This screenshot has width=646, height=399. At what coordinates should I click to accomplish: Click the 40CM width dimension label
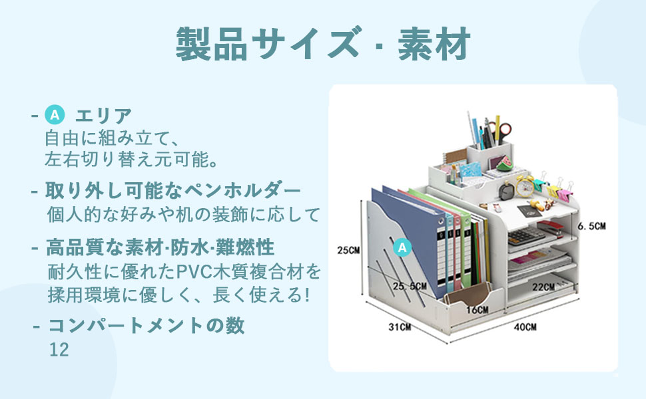coord(525,327)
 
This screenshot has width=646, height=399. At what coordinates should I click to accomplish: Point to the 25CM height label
coord(348,251)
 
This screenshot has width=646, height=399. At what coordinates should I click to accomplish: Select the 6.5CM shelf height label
coord(591,226)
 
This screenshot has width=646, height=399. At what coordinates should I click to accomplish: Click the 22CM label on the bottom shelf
coord(543,287)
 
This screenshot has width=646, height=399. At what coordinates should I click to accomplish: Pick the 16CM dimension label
coord(477,310)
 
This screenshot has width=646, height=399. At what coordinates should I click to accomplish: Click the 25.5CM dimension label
coord(409,286)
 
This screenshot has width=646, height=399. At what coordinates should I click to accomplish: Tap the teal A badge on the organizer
coord(402,247)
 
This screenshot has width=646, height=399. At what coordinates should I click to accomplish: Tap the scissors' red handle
coord(504,129)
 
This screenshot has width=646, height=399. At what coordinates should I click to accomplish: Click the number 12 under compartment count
coord(59,350)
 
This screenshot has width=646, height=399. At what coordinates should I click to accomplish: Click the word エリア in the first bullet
coord(103,116)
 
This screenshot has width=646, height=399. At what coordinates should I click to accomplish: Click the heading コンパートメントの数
coord(146,326)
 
